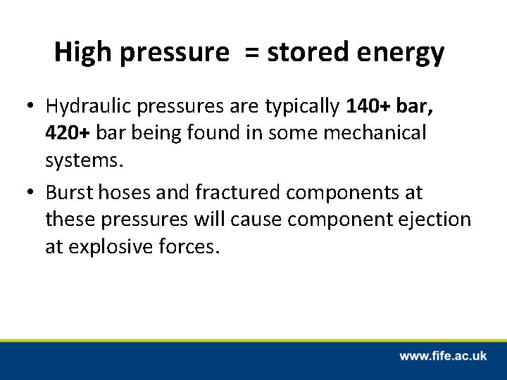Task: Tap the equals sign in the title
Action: point(252,53)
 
